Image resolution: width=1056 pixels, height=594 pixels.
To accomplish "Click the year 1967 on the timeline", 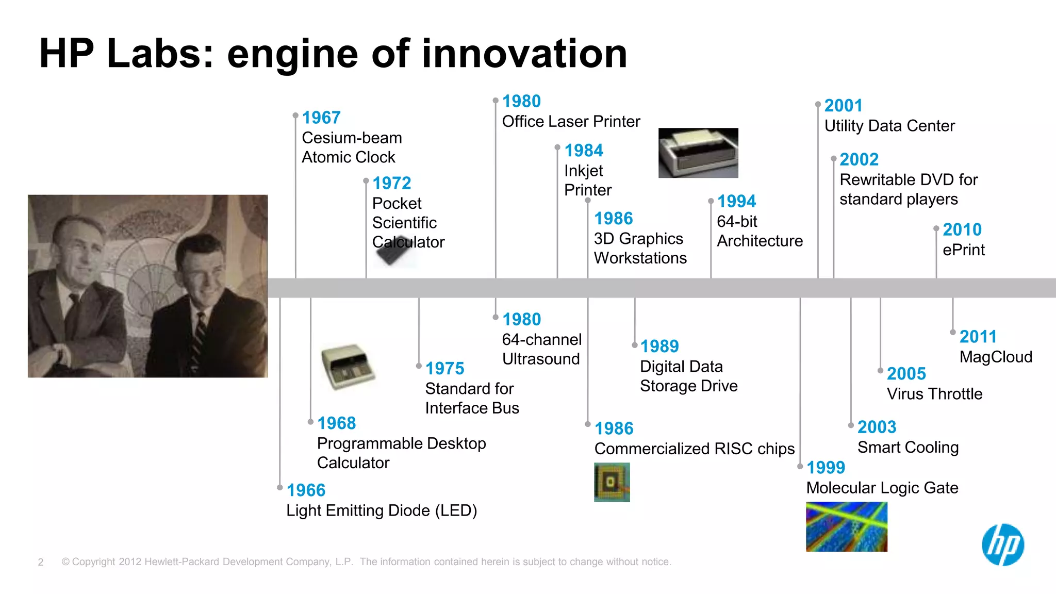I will click(321, 118).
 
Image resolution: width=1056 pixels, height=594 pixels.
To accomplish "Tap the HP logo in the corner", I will click(1003, 545).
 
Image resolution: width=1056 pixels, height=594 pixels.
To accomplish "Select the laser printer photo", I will click(698, 153).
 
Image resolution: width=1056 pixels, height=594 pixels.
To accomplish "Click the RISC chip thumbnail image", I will click(612, 482).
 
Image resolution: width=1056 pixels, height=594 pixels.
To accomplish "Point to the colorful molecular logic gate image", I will click(847, 526).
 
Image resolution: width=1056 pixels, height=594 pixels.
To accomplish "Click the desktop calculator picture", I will click(348, 367).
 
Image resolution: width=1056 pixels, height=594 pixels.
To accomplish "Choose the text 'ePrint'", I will click(963, 250).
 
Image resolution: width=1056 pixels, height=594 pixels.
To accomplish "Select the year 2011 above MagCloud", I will click(978, 337).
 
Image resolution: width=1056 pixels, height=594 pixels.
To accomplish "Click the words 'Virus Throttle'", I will click(934, 394).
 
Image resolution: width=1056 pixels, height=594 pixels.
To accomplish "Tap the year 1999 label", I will click(826, 468).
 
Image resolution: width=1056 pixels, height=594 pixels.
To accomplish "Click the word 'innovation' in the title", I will click(524, 54).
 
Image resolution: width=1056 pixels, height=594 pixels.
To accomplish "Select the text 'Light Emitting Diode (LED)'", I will click(382, 510).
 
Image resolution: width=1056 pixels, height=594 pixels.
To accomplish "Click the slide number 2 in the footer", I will click(41, 562).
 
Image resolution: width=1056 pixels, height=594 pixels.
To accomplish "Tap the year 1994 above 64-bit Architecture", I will click(736, 201).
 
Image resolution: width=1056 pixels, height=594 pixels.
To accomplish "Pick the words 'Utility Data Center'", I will click(889, 126).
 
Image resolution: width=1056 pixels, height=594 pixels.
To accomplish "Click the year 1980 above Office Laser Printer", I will click(521, 101).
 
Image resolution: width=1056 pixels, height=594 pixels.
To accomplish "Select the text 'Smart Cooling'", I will click(908, 448).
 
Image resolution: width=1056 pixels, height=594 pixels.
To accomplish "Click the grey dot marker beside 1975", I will click(419, 366).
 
